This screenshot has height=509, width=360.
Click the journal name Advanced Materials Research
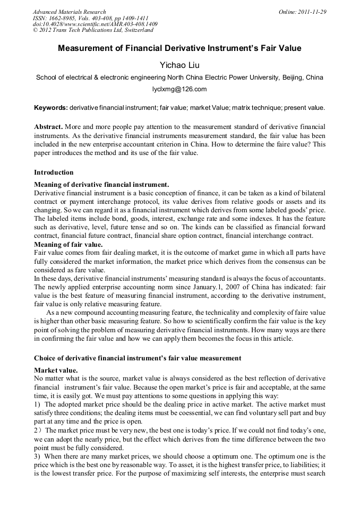coord(69,12)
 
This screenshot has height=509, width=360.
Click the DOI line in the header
coord(95,24)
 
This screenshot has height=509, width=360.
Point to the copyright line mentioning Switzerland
coord(93,31)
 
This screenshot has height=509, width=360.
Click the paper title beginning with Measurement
coord(179,48)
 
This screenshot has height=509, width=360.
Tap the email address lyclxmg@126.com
coord(179,89)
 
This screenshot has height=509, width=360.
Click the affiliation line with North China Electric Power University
coord(179,77)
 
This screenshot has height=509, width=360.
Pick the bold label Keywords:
coord(51,108)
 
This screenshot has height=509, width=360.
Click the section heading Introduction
coord(54,172)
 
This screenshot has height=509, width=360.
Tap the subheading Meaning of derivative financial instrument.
coord(101,184)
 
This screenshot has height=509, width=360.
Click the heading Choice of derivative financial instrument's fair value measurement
coord(138,358)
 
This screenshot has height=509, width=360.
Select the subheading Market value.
coord(56,370)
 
